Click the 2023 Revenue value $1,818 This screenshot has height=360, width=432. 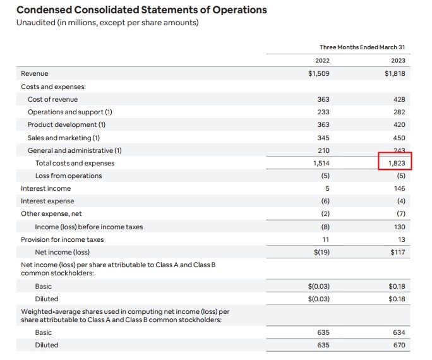(x=395, y=73)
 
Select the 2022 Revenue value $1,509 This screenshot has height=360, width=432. (x=319, y=73)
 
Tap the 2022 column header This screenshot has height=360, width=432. (x=322, y=61)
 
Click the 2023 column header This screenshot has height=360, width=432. (x=398, y=61)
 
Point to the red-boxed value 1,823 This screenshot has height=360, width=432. (x=397, y=164)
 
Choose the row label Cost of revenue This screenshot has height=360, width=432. (x=52, y=99)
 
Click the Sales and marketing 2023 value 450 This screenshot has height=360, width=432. (x=399, y=138)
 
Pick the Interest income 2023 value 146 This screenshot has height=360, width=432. (x=400, y=188)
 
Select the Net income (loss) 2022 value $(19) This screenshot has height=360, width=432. (x=321, y=252)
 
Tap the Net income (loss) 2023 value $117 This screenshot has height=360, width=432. (x=398, y=252)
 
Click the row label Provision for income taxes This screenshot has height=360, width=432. (x=63, y=239)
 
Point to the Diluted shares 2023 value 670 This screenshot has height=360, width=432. (x=399, y=345)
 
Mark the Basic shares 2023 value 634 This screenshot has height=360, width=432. (x=399, y=332)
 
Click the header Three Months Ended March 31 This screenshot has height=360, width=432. (x=363, y=47)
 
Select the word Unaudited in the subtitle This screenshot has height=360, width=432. (x=36, y=23)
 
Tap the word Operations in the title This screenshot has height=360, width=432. (x=239, y=10)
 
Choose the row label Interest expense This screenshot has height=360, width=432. (x=47, y=201)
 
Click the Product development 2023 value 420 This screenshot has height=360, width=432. (x=399, y=125)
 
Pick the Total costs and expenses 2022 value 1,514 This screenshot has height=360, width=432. (x=321, y=164)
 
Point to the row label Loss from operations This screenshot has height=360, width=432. (x=69, y=176)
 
